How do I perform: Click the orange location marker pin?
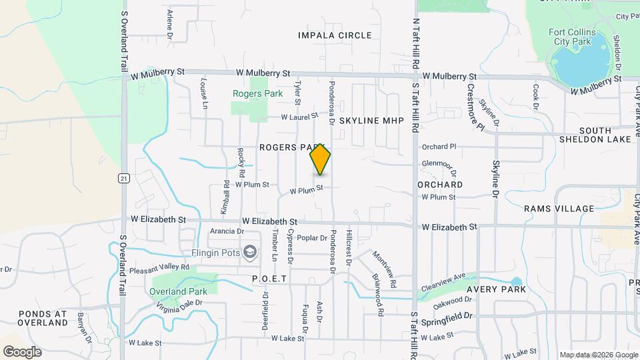320,159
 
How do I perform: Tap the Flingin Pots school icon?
250,251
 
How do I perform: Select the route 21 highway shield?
123,178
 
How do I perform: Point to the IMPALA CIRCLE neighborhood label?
335,35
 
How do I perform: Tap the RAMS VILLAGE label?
559,209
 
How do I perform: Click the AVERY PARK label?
496,289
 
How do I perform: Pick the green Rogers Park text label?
258,94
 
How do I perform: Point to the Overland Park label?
178,291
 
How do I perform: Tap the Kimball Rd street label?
227,193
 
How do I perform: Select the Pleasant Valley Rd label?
159,267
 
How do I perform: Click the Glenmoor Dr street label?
438,164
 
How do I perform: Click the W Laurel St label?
299,117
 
